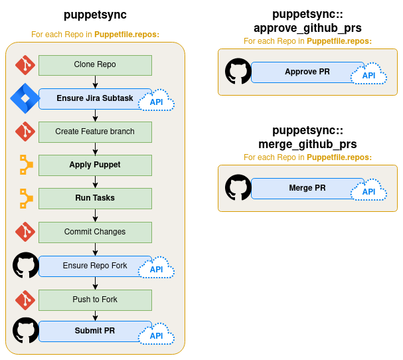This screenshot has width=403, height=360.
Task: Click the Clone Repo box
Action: tap(95, 65)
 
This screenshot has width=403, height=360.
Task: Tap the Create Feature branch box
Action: tap(95, 132)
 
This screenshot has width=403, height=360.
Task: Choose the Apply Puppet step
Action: tap(95, 165)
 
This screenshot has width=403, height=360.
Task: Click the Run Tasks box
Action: tap(95, 198)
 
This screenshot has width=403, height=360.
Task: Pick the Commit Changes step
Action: tap(95, 232)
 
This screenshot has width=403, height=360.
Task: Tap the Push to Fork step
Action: tap(95, 300)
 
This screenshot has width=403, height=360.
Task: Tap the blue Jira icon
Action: tap(25, 98)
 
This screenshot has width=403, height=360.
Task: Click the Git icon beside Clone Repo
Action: tap(25, 65)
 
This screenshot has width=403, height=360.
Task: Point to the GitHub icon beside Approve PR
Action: tap(238, 71)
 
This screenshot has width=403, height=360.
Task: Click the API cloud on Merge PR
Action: tap(368, 191)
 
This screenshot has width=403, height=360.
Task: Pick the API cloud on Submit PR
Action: tap(156, 335)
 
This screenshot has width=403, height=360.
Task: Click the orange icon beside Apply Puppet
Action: tap(25, 165)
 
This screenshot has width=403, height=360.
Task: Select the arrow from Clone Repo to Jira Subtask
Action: tap(96, 82)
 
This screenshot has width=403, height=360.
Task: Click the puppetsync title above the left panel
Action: tap(95, 15)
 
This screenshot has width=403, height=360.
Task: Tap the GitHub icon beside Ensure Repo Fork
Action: tap(26, 265)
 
